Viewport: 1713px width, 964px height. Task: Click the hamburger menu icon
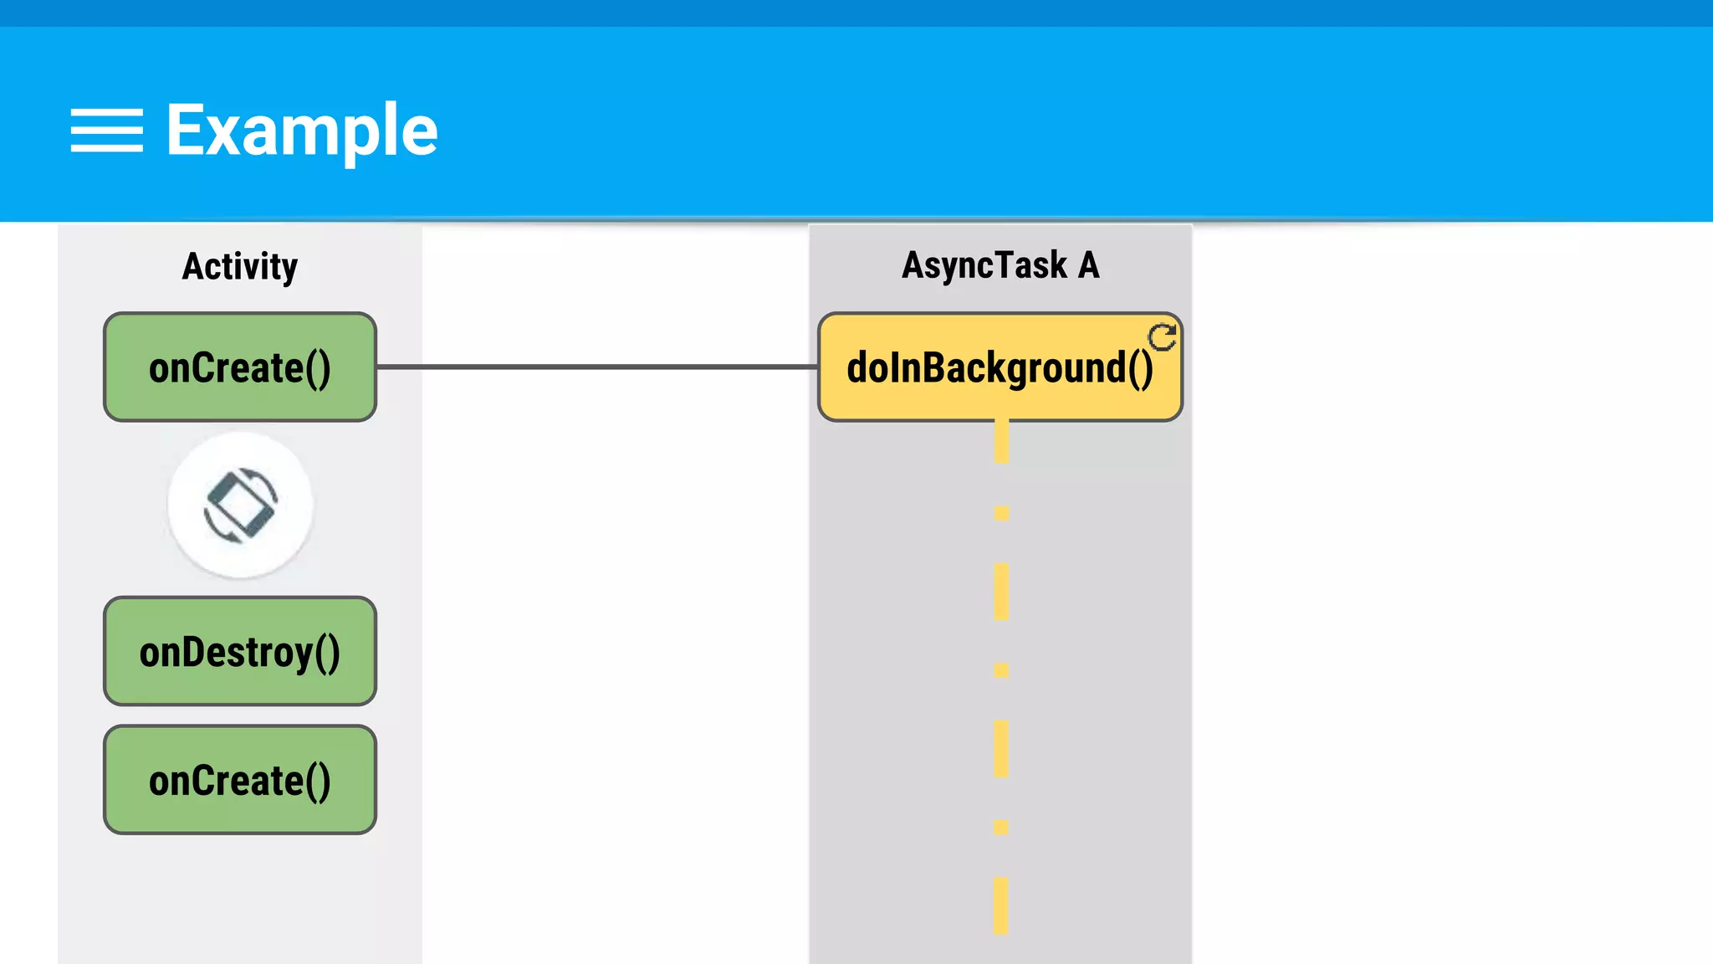coord(106,131)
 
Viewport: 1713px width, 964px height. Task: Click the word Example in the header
coord(302,131)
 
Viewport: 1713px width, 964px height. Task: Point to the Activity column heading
coord(240,267)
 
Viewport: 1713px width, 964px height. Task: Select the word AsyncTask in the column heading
coord(984,266)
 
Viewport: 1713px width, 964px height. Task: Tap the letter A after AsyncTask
coord(1088,265)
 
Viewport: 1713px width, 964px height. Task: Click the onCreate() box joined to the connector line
coord(240,367)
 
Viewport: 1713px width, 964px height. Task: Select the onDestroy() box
coord(240,651)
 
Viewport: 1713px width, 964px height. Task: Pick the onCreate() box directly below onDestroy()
coord(240,780)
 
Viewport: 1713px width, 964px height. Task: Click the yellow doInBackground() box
coord(1000,367)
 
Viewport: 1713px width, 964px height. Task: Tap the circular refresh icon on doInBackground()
coord(1162,337)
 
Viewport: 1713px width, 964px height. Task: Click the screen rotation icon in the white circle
coord(240,505)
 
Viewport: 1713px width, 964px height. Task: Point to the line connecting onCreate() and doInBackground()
coord(596,367)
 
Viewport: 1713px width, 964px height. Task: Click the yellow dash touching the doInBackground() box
coord(1001,442)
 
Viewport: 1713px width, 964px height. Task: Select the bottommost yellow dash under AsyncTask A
coord(1001,905)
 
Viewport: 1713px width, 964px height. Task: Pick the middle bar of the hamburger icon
coord(106,131)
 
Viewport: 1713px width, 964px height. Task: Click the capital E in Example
coord(183,131)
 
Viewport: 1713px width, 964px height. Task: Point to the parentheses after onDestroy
coord(328,653)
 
